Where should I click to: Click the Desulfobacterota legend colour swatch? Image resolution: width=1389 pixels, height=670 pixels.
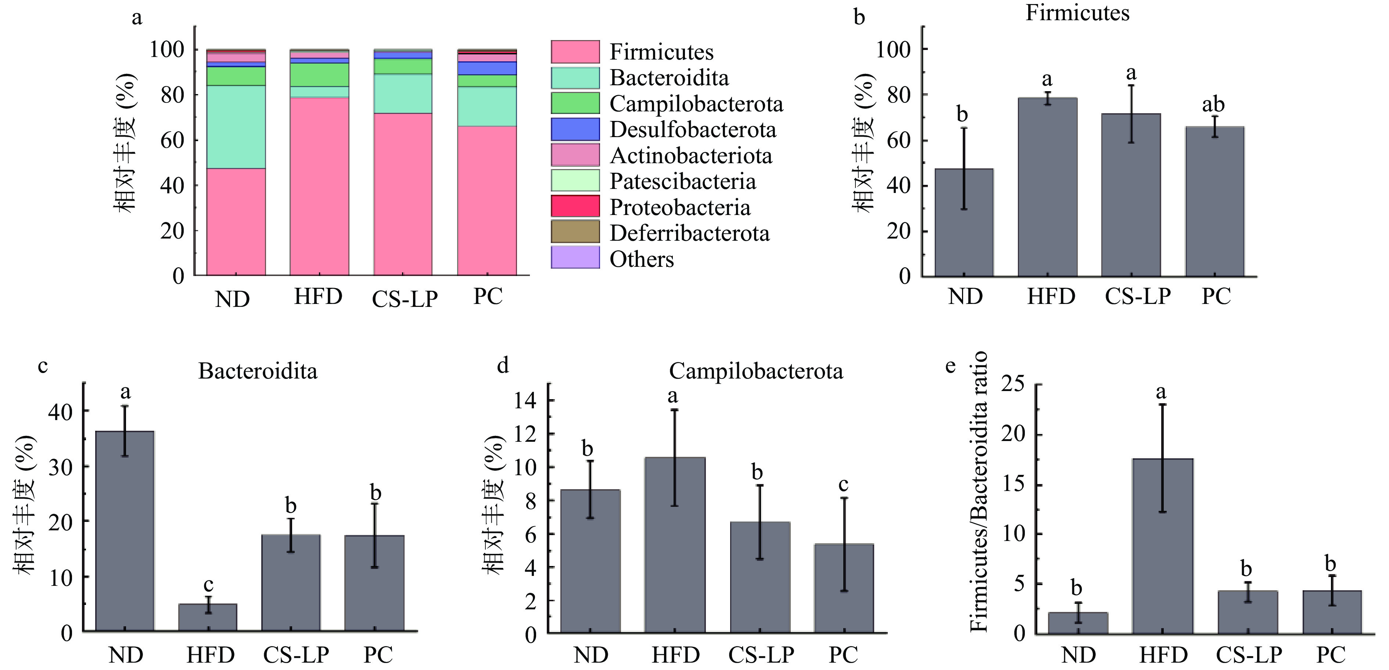[x=575, y=129]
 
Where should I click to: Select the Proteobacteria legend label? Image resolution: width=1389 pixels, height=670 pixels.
[x=680, y=208]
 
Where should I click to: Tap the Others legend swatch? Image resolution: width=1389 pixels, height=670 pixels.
[x=575, y=257]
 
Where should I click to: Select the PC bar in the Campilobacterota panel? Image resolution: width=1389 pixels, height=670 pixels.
[x=844, y=588]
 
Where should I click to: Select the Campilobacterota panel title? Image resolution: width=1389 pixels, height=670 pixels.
[x=756, y=371]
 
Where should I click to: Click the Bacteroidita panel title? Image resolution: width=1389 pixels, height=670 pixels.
[x=258, y=371]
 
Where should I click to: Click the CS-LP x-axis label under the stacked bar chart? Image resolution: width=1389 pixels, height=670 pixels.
[x=405, y=299]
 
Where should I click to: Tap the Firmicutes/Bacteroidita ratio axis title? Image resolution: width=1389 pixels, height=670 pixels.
[x=978, y=491]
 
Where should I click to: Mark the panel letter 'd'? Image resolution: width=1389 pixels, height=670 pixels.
[x=503, y=366]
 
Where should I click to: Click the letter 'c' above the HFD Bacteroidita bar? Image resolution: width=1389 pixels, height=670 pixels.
[x=208, y=584]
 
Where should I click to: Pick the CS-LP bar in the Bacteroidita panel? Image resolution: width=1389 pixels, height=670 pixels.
[x=291, y=583]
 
